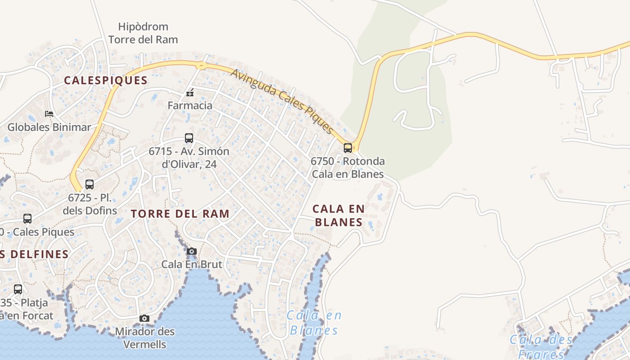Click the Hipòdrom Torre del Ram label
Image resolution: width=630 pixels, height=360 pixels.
[x=143, y=33]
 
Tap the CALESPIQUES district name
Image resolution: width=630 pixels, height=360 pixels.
[x=106, y=81]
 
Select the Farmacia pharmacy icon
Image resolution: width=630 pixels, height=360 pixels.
[x=190, y=93]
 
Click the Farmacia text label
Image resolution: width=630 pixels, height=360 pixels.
[x=190, y=106]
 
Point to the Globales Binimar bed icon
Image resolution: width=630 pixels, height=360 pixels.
[x=49, y=114]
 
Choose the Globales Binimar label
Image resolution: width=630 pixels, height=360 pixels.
[x=49, y=127]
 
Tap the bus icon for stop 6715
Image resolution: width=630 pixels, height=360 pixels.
[x=189, y=138]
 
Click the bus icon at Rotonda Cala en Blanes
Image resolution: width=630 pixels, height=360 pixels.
[x=348, y=148]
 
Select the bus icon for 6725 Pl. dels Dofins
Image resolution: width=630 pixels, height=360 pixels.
[x=90, y=184]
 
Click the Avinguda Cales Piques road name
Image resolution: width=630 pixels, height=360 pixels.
[x=283, y=101]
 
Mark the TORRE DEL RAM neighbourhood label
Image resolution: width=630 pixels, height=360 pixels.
[x=180, y=214]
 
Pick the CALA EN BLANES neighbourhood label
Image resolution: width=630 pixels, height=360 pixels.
[x=338, y=215]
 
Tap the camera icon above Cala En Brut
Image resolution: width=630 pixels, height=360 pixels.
[x=192, y=251]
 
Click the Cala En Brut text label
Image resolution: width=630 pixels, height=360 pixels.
[x=192, y=264]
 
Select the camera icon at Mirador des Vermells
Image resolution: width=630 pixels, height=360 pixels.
[x=144, y=319]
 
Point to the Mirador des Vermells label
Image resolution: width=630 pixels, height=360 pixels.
[x=145, y=338]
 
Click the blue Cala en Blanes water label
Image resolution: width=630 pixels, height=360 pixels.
[x=314, y=323]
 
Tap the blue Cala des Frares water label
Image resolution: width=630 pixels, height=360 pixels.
[x=541, y=346]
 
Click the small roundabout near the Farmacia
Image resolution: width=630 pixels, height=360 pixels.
[x=201, y=66]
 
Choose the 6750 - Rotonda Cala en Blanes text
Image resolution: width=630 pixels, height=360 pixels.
[x=348, y=167]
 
